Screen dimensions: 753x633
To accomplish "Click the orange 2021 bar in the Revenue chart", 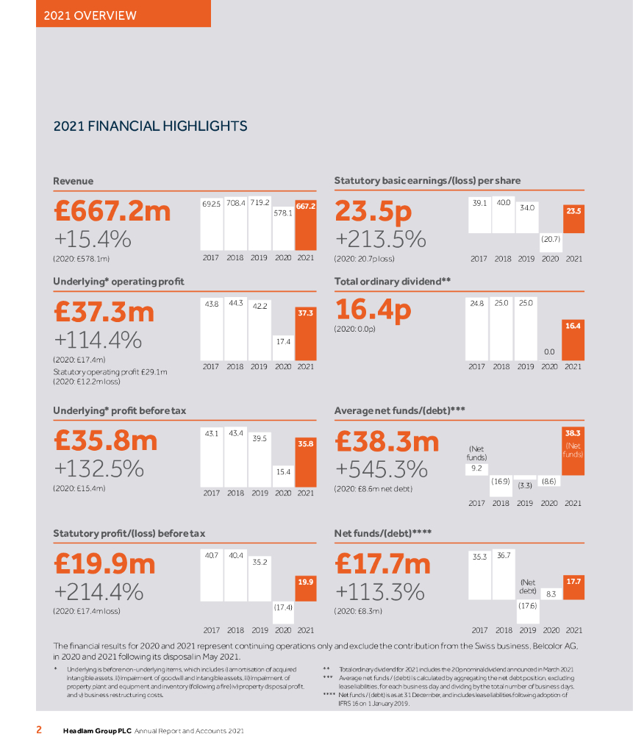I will tap(306, 228).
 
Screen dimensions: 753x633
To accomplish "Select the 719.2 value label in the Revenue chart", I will tap(259, 201).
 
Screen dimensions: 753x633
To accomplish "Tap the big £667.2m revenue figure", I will tap(112, 211).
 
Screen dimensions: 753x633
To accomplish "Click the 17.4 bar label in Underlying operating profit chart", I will tap(283, 341).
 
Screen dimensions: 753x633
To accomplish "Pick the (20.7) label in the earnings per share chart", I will tap(551, 239).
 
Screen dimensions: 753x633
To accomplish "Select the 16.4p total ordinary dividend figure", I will tap(373, 310).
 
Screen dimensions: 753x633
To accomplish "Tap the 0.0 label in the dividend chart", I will tap(549, 352).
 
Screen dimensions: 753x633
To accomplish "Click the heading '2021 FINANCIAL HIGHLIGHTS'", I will tap(150, 126).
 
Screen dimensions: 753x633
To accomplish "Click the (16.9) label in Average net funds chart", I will tap(501, 480).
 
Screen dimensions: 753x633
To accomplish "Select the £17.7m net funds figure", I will tap(382, 564).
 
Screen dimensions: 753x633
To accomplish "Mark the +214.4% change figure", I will tap(99, 592).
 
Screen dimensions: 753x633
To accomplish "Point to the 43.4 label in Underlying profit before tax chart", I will tap(236, 433).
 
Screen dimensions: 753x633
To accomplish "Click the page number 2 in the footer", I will tap(40, 730).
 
